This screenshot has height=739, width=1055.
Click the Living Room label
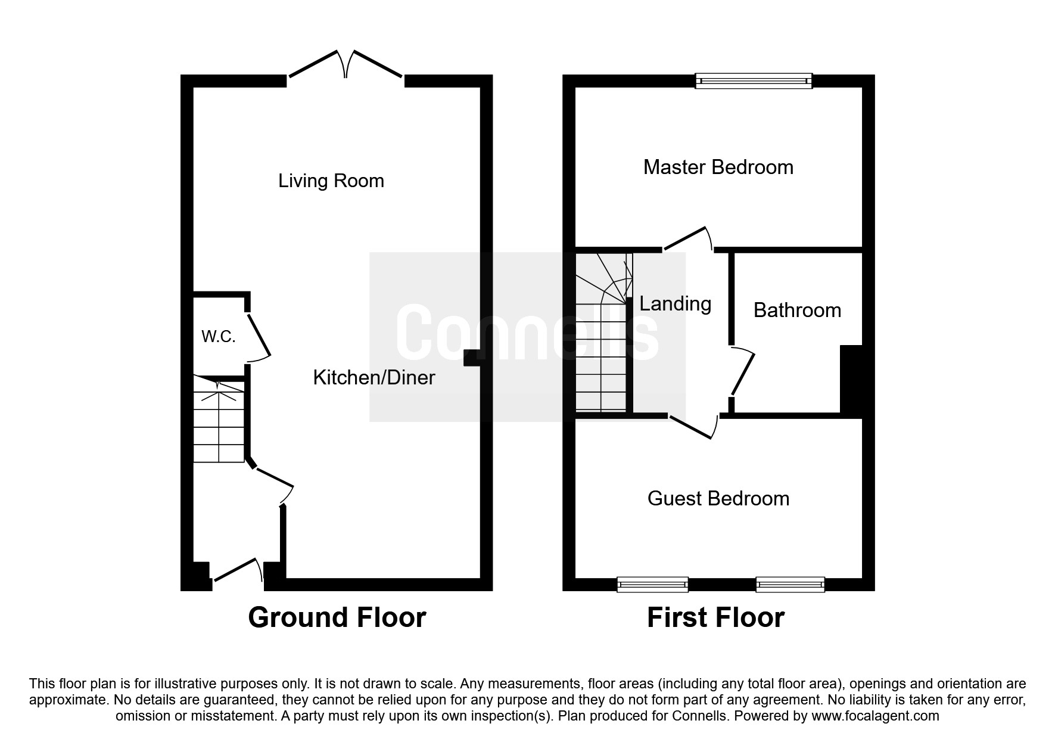(331, 181)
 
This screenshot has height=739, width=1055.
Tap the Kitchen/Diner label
(374, 377)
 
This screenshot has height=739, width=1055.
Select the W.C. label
(219, 337)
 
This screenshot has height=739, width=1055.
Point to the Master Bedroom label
(718, 167)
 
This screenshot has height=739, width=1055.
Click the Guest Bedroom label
(718, 498)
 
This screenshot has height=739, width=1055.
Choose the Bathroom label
(797, 310)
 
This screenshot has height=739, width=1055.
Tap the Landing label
(676, 305)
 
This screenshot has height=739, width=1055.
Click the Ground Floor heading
(337, 617)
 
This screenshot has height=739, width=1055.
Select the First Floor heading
(715, 617)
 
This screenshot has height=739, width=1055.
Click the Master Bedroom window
(754, 81)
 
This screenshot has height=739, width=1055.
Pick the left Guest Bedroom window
(653, 585)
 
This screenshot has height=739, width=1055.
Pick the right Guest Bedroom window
(790, 585)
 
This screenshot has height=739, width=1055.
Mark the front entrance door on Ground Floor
(238, 570)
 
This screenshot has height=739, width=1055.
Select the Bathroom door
(742, 373)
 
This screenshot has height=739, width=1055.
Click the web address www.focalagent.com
(875, 716)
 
